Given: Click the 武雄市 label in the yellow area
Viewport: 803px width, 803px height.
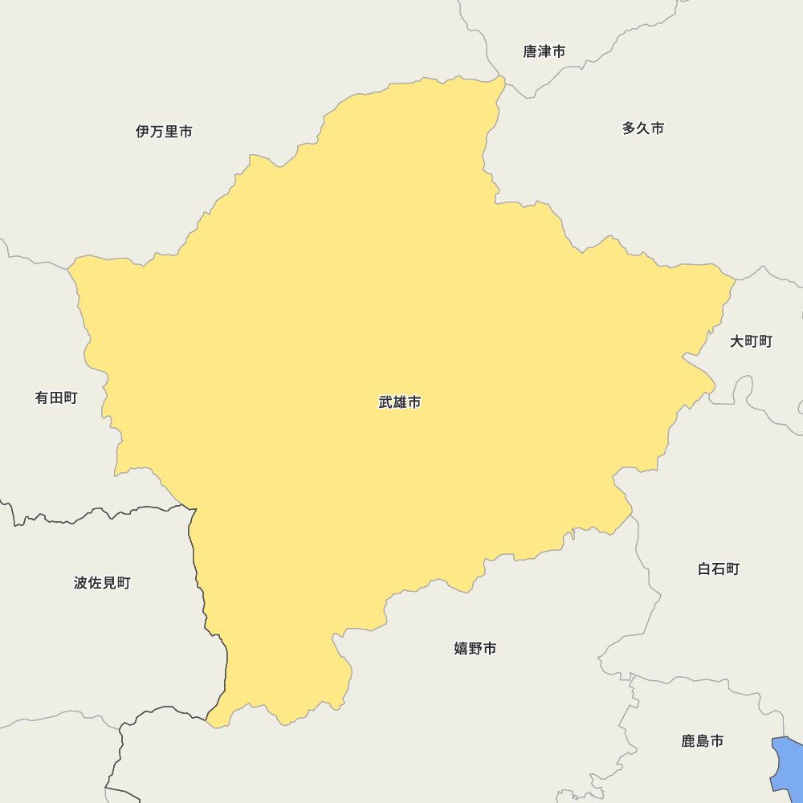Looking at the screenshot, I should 400,402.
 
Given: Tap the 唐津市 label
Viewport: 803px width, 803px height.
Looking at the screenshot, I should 544,51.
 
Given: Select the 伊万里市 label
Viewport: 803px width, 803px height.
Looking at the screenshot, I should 164,132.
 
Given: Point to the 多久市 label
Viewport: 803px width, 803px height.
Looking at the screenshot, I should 643,128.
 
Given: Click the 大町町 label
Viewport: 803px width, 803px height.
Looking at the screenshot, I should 751,341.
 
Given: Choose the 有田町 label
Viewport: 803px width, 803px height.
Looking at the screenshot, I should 56,397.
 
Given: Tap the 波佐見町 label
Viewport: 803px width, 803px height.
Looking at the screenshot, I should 102,583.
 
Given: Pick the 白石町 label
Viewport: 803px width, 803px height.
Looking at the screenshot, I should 719,569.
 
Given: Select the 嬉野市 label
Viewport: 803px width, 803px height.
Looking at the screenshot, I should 475,648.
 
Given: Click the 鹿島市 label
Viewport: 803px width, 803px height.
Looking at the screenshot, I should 703,741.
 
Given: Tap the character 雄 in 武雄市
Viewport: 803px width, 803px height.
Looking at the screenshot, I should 400,402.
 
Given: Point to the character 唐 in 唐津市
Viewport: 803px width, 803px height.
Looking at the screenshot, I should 530,51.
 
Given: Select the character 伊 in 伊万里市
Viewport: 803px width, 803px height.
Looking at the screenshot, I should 143,132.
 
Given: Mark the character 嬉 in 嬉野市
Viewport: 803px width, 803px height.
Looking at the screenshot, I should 461,648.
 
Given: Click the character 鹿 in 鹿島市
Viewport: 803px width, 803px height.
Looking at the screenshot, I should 688,741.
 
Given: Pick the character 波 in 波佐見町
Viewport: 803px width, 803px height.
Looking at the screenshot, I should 80,583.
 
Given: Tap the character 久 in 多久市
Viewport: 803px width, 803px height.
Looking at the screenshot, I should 643,128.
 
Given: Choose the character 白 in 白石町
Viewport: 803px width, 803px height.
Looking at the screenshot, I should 704,569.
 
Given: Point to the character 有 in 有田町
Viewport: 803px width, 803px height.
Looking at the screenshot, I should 42,397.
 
